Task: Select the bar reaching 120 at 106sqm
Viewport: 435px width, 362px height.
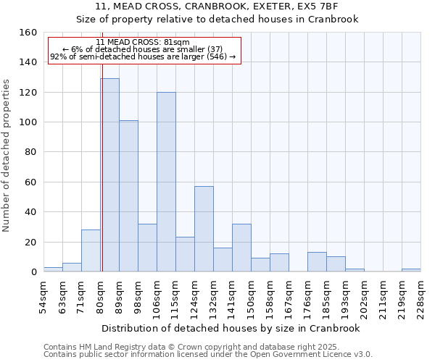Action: tap(166, 182)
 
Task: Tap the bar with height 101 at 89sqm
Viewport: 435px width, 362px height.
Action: tap(128, 195)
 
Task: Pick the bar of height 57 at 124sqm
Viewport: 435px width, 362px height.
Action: tap(204, 229)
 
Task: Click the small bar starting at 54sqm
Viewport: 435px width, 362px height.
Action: tap(53, 269)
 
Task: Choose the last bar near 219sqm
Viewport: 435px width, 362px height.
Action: tap(411, 270)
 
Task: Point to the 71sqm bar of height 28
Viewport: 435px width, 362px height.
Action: tap(91, 251)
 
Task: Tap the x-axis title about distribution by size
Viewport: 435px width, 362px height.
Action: tap(231, 328)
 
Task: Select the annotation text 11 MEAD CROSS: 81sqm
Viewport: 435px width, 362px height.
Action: tap(142, 42)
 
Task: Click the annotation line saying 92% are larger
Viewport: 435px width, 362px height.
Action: tap(143, 56)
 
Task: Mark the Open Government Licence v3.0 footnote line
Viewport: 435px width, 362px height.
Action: tap(208, 355)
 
